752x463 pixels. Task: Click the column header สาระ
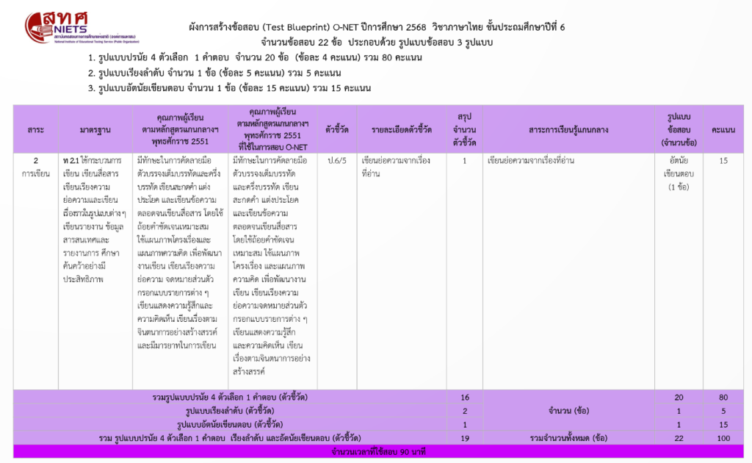pos(36,130)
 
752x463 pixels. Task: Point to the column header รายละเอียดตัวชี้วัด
pos(402,130)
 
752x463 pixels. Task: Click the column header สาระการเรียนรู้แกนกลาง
pos(568,130)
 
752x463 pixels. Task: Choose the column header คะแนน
pos(723,130)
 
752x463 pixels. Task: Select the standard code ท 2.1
pos(72,160)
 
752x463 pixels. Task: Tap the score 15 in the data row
pos(723,160)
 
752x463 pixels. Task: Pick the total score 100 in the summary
pos(723,438)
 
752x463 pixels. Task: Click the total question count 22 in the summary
pos(679,438)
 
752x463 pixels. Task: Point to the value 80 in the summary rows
pos(723,397)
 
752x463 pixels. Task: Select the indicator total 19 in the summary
pos(465,438)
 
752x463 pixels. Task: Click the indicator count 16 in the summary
pos(465,397)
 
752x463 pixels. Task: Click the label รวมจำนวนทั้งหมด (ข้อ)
pos(568,438)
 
